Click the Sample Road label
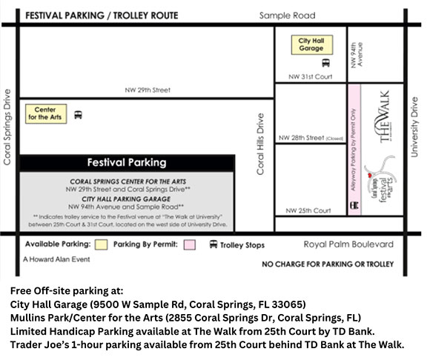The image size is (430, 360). tap(287, 15)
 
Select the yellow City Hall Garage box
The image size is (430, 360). tap(311, 44)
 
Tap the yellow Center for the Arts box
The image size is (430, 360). tap(46, 114)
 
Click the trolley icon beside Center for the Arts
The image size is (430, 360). tap(79, 115)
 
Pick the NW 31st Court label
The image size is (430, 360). tap(310, 76)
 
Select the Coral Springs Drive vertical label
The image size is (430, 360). tap(7, 127)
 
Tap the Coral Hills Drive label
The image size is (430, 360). tap(260, 144)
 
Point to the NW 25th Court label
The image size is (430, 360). tap(310, 210)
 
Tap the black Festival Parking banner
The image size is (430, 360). tap(127, 162)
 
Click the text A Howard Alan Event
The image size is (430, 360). tap(56, 260)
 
